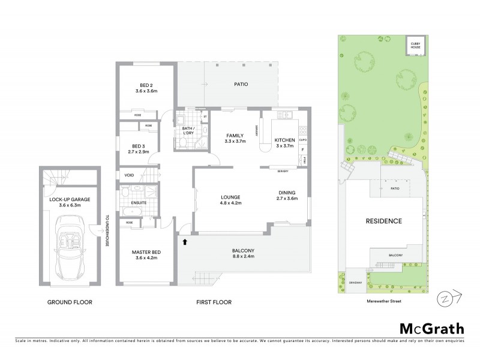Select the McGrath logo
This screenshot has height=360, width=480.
(x=431, y=328)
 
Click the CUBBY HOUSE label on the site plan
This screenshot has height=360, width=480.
(x=415, y=46)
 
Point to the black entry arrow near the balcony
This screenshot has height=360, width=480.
(x=185, y=242)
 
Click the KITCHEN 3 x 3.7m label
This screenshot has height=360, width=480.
(x=285, y=142)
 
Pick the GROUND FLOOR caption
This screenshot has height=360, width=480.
(x=70, y=302)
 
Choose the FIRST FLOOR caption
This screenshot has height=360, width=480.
(x=213, y=302)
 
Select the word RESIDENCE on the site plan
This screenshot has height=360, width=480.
(x=383, y=221)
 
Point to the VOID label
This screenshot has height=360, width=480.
(x=129, y=175)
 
